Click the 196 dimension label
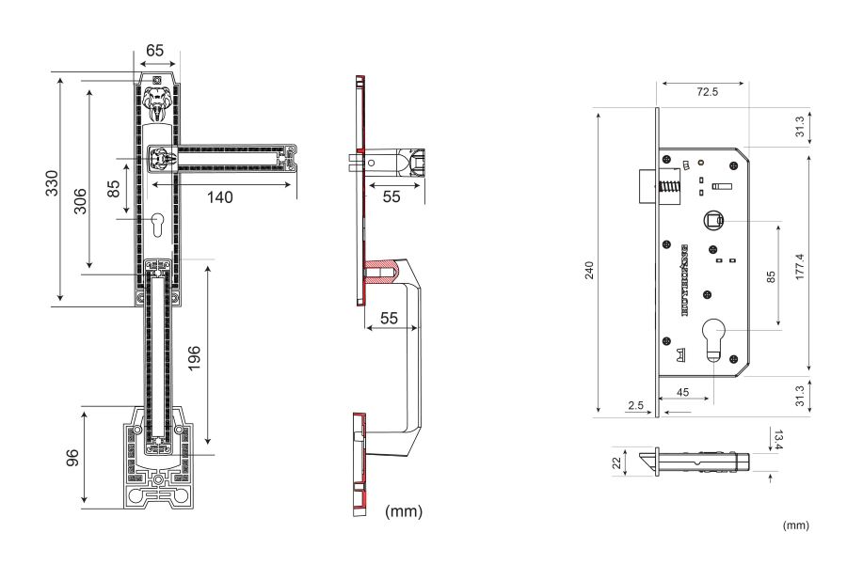[195, 357]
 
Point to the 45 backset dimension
[684, 392]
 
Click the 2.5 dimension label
[635, 404]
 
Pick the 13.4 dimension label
[779, 438]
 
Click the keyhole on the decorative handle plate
[157, 226]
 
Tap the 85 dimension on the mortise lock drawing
[771, 278]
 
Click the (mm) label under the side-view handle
[405, 511]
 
